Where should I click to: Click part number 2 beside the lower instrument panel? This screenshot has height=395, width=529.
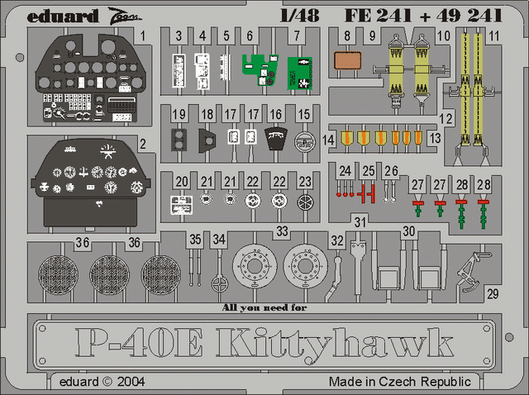(x=143, y=144)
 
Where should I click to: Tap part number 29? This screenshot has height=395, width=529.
(x=493, y=293)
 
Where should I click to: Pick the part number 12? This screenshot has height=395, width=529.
(x=446, y=119)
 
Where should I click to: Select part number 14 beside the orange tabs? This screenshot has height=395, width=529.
(x=330, y=140)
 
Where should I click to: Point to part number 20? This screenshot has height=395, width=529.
(x=182, y=181)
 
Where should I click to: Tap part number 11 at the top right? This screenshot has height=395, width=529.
(x=494, y=36)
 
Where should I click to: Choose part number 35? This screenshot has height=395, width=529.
(x=195, y=239)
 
